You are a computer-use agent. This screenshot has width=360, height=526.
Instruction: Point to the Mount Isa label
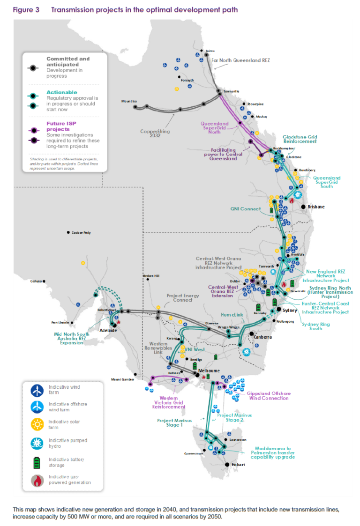tap(128, 101)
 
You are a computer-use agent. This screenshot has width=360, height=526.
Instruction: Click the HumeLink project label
tap(232, 315)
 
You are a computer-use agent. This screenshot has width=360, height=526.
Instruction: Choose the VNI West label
tap(193, 349)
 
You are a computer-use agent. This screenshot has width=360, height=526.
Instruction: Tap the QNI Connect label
tap(246, 209)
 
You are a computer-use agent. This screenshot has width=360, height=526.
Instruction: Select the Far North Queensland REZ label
tap(240, 60)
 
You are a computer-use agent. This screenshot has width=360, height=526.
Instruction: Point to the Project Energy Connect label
tap(183, 298)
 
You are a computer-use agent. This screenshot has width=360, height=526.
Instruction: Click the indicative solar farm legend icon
tap(37, 424)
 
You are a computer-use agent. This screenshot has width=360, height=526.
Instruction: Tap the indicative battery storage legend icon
tap(37, 462)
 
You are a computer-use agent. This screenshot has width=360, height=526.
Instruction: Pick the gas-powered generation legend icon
tap(37, 480)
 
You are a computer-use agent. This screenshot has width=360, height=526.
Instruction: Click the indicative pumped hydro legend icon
tap(37, 444)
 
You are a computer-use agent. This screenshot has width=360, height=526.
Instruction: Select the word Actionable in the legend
tap(61, 92)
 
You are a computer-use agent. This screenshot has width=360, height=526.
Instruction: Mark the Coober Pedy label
tap(81, 232)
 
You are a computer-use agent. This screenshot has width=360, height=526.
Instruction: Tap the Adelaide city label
tap(108, 330)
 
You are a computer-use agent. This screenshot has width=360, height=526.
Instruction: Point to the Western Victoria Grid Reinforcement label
tap(166, 401)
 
